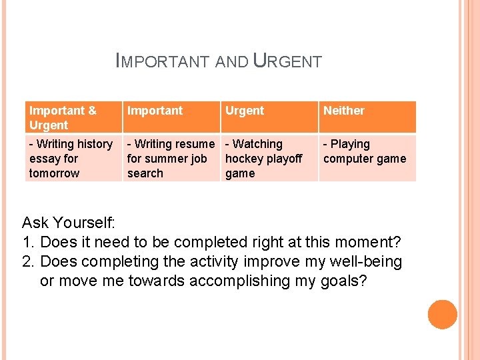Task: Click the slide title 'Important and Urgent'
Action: pos(219,62)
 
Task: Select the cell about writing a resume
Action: pos(171,159)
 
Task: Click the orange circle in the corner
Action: pos(442,315)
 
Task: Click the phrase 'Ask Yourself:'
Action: pos(69,222)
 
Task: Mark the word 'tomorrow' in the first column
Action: pos(54,173)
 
